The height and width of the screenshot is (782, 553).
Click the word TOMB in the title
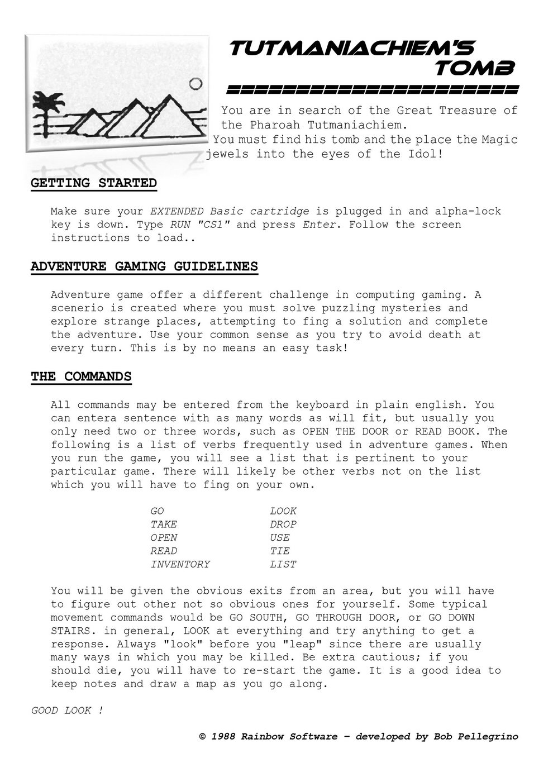(474, 69)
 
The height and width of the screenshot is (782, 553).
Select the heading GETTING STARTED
(93, 183)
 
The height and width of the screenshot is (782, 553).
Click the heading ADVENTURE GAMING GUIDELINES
(144, 266)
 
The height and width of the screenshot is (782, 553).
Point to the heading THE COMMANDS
(81, 376)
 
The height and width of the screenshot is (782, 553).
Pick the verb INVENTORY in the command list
(180, 564)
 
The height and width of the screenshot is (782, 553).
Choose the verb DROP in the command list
(283, 524)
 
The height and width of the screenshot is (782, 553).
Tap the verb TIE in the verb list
(280, 551)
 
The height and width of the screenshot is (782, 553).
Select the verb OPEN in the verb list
(164, 537)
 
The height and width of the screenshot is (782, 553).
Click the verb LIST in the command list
(283, 564)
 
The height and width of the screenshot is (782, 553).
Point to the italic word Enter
(320, 225)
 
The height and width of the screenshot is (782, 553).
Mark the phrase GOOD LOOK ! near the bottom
(67, 711)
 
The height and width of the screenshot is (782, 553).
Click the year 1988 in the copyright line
(223, 737)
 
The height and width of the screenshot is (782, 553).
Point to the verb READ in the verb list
(164, 551)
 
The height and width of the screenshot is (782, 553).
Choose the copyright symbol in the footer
(203, 737)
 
